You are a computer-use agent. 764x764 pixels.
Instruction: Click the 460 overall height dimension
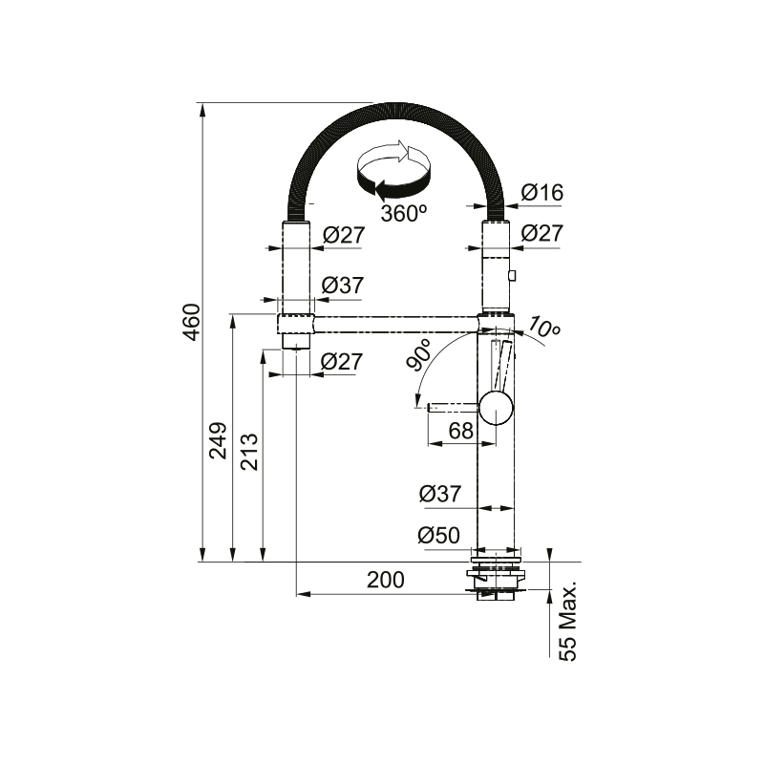[x=194, y=322]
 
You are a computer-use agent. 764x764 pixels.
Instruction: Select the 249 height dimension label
[x=219, y=440]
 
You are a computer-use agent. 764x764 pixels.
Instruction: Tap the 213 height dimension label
[x=249, y=452]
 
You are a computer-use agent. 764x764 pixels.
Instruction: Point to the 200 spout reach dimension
[x=386, y=580]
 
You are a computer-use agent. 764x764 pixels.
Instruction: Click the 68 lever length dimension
[x=461, y=431]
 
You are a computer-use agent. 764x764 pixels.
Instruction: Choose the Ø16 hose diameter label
[x=542, y=193]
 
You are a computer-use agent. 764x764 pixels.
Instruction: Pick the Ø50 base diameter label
[x=439, y=536]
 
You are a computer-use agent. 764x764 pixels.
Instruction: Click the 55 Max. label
[x=567, y=621]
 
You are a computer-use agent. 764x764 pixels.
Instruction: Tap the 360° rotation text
[x=404, y=213]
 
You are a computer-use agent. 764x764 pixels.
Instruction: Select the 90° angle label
[x=418, y=354]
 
